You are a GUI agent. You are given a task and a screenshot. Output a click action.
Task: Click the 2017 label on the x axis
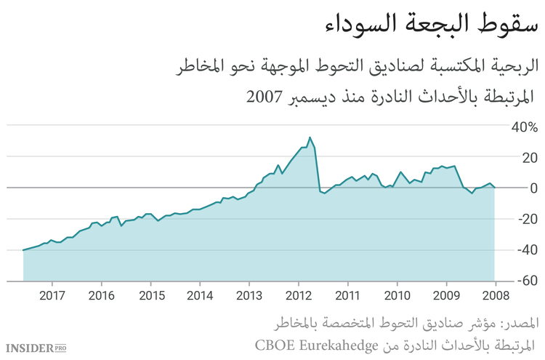52,296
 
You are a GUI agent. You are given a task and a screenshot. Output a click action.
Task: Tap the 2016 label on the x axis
101,296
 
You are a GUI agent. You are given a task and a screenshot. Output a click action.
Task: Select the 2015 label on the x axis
150,296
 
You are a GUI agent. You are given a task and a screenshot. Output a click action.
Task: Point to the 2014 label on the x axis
199,296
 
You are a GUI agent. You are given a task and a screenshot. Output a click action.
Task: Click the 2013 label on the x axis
249,296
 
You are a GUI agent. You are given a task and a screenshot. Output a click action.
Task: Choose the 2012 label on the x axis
298,296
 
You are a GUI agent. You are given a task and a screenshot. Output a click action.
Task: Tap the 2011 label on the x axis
347,296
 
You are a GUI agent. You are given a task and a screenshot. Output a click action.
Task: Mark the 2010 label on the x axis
396,296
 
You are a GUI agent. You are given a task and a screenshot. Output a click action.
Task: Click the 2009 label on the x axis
445,296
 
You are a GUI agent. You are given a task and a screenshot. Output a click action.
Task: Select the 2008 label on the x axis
495,296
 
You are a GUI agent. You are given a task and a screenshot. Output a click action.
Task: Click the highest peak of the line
310,137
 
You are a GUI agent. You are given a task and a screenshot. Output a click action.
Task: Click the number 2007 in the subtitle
265,97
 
